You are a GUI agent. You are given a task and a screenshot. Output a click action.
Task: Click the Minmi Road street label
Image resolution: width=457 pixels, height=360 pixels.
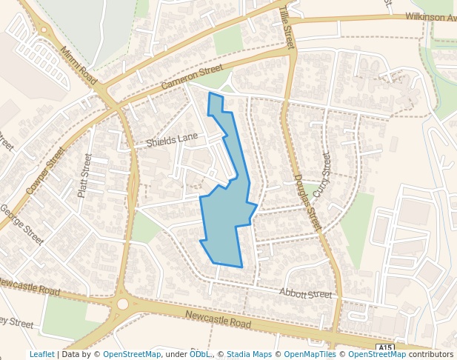tap(79, 65)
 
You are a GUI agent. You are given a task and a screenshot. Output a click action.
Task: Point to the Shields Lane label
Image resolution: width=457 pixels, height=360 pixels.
tap(172, 139)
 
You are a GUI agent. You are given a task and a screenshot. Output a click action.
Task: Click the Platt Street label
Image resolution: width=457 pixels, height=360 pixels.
tap(85, 176)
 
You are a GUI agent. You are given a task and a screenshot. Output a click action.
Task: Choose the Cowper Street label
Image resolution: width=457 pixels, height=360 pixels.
tap(46, 171)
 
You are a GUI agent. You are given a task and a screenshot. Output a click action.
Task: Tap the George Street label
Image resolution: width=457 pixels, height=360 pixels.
tap(22, 224)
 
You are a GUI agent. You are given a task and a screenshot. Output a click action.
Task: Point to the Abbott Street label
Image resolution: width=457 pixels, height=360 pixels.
tap(305, 294)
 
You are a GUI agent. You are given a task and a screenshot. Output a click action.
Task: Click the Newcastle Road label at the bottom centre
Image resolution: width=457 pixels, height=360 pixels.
tap(219, 320)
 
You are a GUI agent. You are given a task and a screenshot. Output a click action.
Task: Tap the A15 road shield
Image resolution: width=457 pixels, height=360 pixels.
tap(384, 347)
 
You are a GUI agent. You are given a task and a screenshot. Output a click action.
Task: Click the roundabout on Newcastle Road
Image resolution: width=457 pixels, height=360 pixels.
tap(122, 304)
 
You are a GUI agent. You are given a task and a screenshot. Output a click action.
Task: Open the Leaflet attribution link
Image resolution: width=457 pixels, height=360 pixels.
tap(41, 354)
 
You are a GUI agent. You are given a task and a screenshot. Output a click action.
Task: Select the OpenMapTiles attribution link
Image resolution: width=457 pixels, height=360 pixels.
tap(310, 354)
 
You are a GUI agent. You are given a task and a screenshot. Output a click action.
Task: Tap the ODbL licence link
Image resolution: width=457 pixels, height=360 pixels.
tap(199, 354)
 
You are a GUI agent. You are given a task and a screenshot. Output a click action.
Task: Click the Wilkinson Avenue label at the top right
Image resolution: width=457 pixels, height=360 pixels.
tap(430, 17)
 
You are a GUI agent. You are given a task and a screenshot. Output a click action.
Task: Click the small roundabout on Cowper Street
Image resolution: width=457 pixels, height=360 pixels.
tap(44, 30)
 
